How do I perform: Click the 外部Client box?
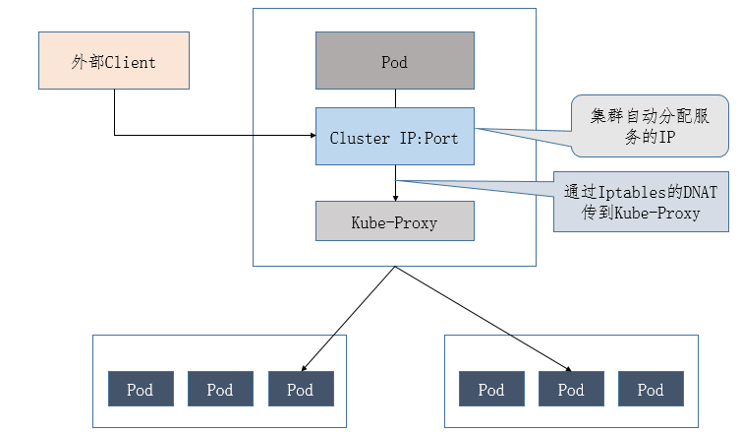tap(113, 61)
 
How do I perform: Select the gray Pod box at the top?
tap(394, 61)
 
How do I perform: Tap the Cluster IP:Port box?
tap(394, 137)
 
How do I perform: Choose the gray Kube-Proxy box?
tap(394, 221)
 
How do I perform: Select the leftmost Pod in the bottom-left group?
tap(140, 390)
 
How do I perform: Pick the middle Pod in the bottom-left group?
tap(220, 390)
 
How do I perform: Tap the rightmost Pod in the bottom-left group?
tap(301, 390)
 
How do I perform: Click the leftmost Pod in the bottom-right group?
tap(491, 390)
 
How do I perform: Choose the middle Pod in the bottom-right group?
tap(571, 390)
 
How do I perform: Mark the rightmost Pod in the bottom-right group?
tap(651, 390)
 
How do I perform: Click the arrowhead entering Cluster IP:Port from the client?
tap(310, 136)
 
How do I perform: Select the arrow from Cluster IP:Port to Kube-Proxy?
tap(395, 183)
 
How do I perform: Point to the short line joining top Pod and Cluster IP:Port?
tap(395, 98)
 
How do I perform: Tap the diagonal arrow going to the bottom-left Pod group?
tap(349, 317)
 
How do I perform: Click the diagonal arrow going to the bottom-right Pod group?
tap(482, 317)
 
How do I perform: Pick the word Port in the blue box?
tap(441, 138)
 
